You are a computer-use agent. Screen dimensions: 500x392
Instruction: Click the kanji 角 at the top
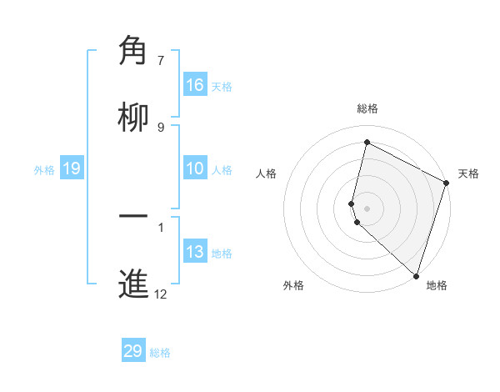click(x=134, y=51)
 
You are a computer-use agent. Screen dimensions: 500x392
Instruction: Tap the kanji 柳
click(x=134, y=118)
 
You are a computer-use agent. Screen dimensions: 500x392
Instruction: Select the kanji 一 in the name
click(x=134, y=218)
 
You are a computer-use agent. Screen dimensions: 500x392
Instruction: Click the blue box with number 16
click(x=195, y=85)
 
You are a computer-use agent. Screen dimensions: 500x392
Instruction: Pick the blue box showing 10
click(x=195, y=169)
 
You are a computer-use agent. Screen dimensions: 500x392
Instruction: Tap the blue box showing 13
click(x=195, y=253)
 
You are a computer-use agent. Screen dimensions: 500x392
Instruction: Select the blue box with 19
click(x=71, y=169)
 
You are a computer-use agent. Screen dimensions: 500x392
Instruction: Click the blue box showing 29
click(x=133, y=351)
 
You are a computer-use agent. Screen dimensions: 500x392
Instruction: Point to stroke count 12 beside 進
click(x=161, y=294)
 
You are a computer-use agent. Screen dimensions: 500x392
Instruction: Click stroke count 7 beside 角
click(x=161, y=60)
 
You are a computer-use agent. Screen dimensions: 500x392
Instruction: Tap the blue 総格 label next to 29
click(x=160, y=353)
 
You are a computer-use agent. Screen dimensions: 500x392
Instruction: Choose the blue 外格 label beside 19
click(x=44, y=170)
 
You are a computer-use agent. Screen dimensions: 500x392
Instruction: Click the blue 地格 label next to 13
click(x=222, y=254)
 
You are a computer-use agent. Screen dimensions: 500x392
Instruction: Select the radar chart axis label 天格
click(x=468, y=173)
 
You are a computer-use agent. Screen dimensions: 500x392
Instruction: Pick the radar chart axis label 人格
click(x=266, y=173)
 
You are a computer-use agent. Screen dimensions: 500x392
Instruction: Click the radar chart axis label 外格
click(x=293, y=285)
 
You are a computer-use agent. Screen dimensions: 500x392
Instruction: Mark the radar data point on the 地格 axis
click(x=416, y=275)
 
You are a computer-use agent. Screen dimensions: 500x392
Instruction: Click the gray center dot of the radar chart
click(x=367, y=208)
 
